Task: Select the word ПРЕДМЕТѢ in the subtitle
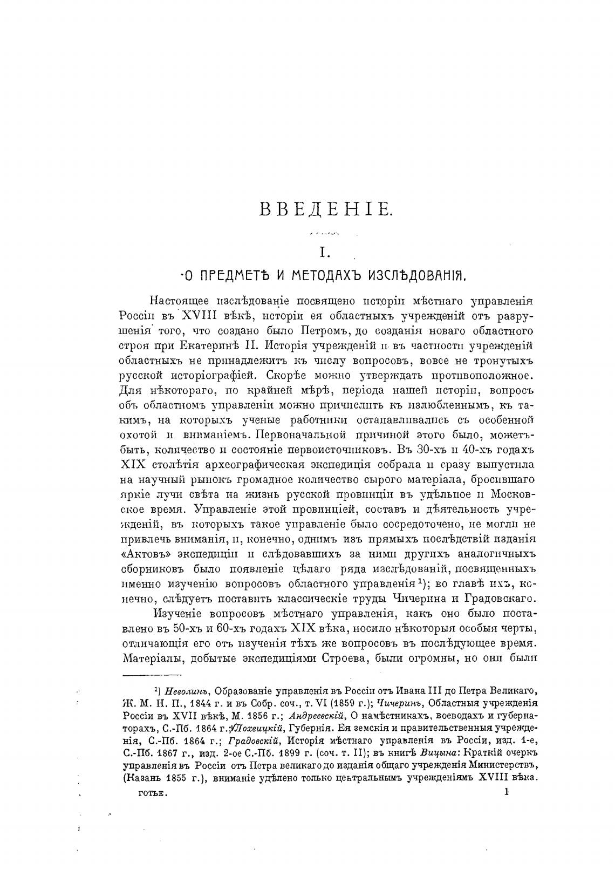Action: click(x=232, y=276)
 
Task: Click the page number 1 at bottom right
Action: click(x=505, y=792)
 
